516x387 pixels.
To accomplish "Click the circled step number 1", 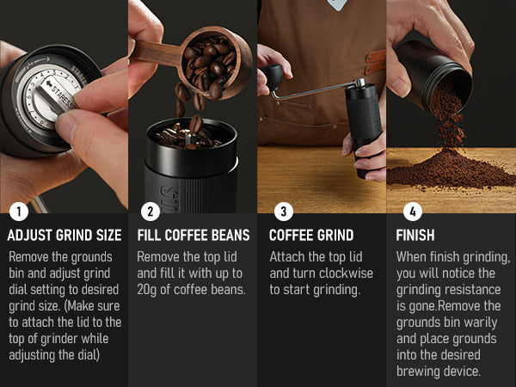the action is pos(19,212).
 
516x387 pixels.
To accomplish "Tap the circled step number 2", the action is pos(150,212).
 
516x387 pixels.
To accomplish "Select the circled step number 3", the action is pos(283,212).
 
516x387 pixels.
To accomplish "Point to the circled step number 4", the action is pos(413,212).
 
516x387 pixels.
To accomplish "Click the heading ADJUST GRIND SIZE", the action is pos(64,236).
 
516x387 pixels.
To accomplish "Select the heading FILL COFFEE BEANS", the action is pos(193,236).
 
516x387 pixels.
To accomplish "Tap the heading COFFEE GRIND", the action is pos(311,236).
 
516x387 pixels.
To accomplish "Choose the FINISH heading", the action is pos(415,236).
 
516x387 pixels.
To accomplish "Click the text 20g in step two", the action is pos(147,290).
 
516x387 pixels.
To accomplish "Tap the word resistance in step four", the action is pos(474,290).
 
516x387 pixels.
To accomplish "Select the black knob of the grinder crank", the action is pos(273,77).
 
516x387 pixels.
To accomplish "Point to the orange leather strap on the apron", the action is pos(375,62).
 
